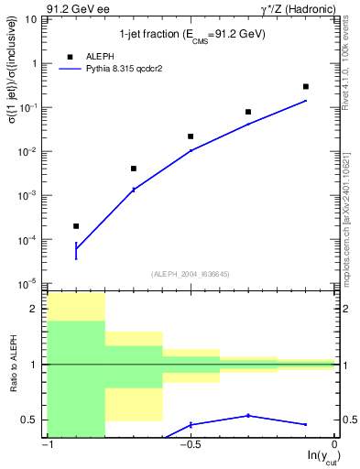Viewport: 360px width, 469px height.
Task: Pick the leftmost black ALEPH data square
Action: click(76, 225)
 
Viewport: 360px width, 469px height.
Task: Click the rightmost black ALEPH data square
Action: click(306, 86)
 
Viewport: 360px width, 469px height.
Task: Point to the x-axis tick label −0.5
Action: click(190, 445)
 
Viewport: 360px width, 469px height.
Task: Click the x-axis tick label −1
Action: click(47, 445)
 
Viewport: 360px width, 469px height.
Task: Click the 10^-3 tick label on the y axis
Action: click(32, 196)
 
